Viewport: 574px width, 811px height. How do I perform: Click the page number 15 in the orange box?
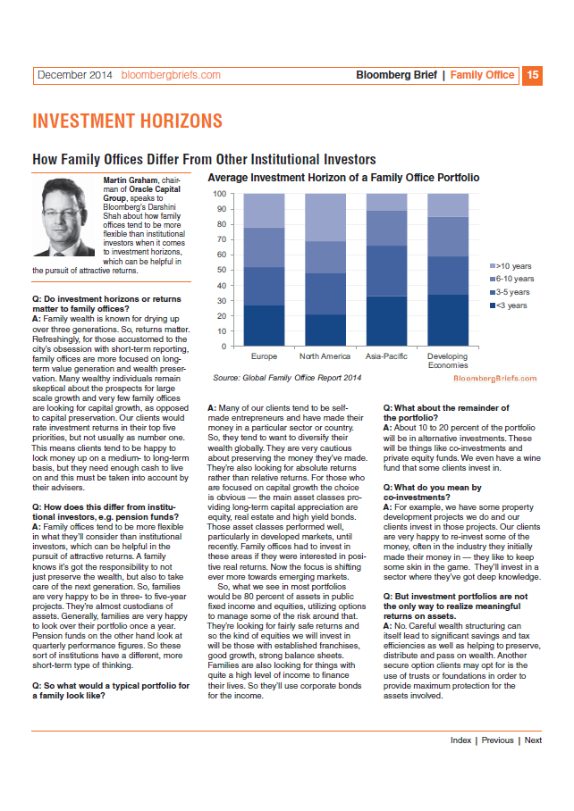[532, 76]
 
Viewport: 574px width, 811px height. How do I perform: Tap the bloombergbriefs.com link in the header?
[171, 75]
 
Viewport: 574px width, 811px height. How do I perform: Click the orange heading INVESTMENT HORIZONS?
[127, 121]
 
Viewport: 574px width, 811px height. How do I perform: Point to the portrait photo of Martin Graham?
[64, 217]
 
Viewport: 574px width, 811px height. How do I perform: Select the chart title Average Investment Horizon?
[343, 178]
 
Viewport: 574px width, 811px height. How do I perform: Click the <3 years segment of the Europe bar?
[264, 325]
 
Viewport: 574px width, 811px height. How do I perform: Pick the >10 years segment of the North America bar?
[325, 217]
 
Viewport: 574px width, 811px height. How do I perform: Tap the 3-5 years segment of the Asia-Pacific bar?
[386, 271]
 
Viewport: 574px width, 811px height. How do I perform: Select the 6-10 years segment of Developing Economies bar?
[448, 237]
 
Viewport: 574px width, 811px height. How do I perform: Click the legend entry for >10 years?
[511, 266]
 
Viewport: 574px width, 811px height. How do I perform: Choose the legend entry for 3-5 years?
[510, 292]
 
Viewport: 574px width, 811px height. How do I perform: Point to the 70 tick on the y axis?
[222, 239]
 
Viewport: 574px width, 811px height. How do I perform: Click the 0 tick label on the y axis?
[224, 347]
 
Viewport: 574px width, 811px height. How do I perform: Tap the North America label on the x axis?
[325, 356]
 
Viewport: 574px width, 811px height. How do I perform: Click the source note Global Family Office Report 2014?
[287, 378]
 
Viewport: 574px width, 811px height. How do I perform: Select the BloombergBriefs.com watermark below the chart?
[494, 378]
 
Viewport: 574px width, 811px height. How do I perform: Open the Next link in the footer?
[533, 740]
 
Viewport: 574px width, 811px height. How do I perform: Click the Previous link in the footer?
[497, 740]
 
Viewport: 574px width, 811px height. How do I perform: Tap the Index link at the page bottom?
[460, 740]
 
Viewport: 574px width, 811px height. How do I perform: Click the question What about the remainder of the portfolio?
[446, 413]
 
